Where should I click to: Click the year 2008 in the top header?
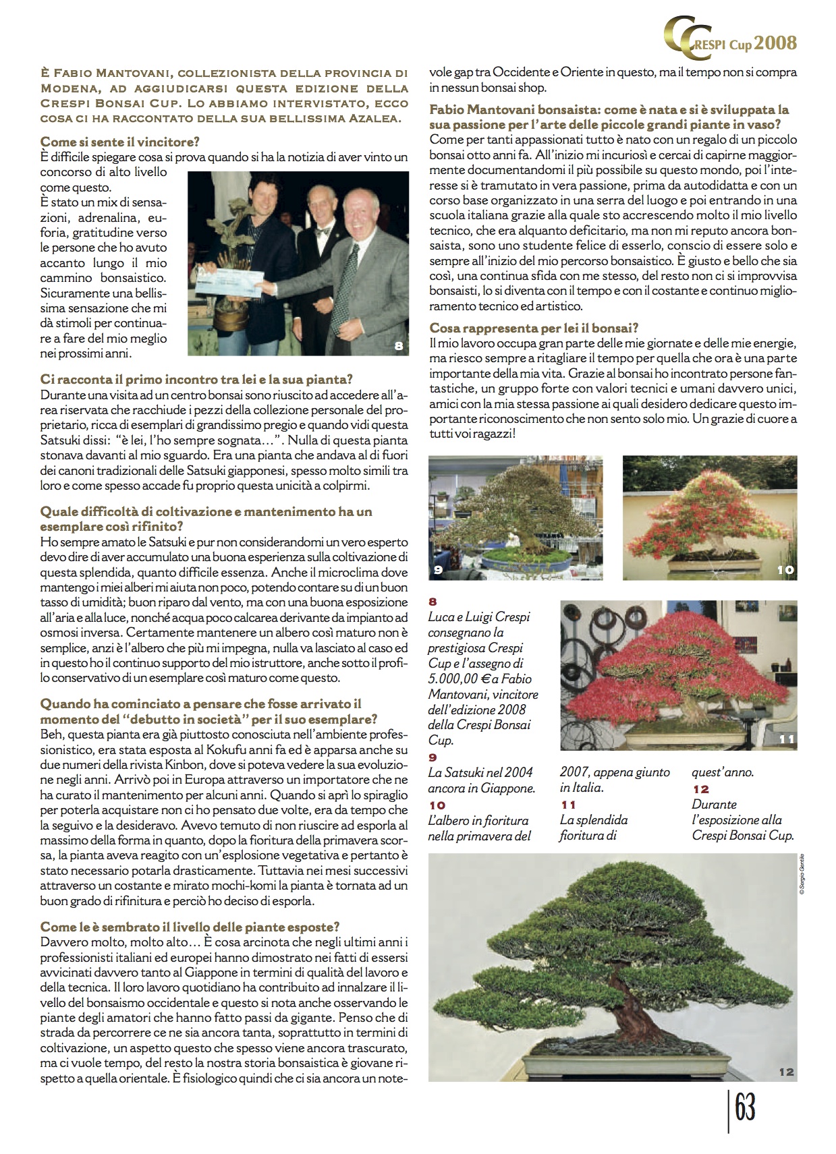click(775, 43)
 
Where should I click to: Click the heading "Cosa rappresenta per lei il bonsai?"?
click(534, 328)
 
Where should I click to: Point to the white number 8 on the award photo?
click(399, 346)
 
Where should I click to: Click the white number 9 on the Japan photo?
click(438, 571)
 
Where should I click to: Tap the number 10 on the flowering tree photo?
click(785, 571)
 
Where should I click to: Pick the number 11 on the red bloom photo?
click(786, 739)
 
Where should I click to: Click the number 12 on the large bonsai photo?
click(786, 1072)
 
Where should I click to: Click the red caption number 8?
click(433, 602)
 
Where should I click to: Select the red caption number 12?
click(700, 788)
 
